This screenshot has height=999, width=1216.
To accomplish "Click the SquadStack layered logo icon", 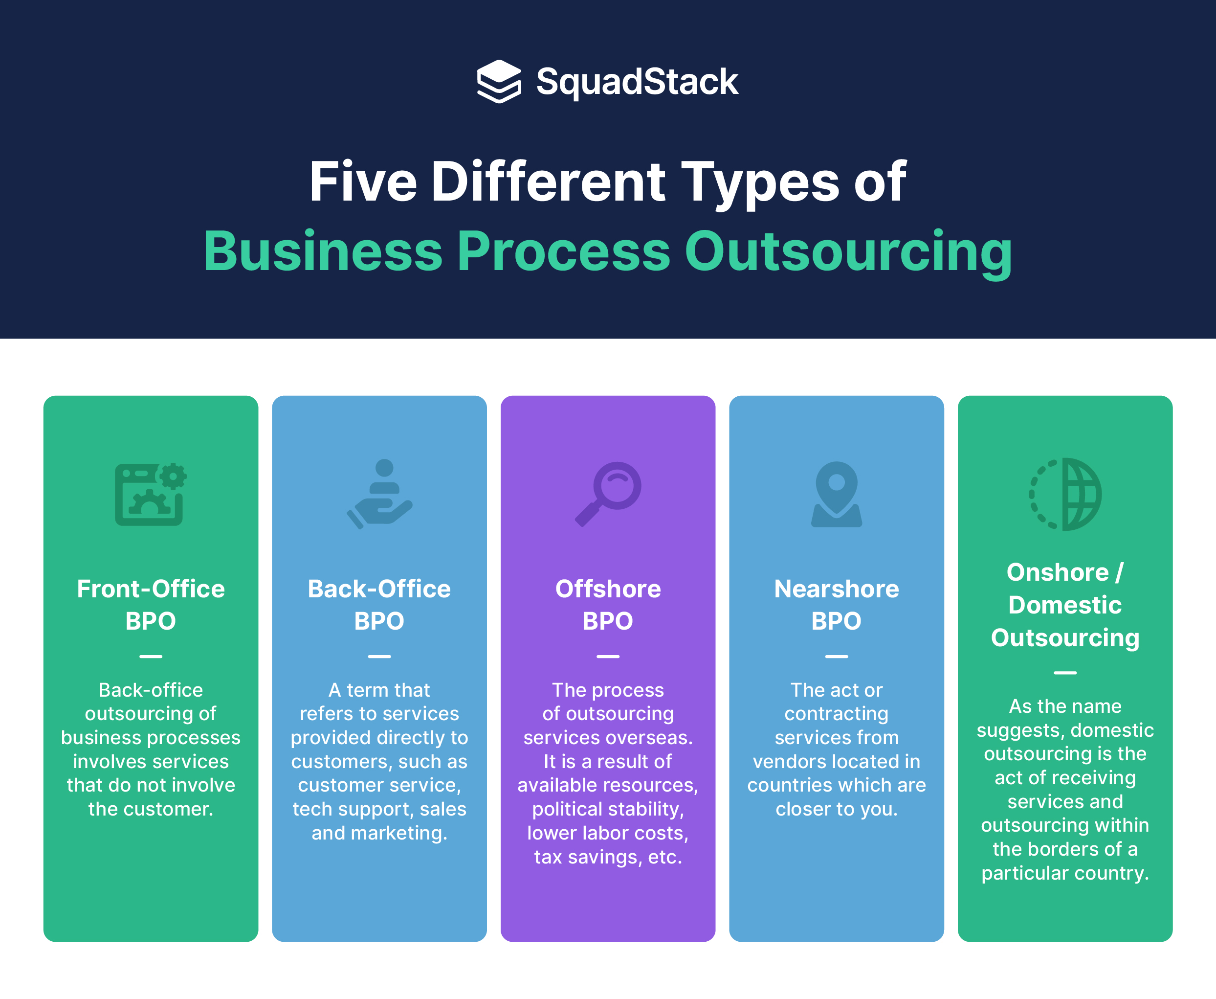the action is point(499,81).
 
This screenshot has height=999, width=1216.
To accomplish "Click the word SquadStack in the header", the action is point(637,82).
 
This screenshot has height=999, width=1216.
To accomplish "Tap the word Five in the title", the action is point(363,182).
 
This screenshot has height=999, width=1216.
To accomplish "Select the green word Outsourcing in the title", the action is point(848,251).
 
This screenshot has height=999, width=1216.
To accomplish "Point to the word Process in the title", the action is point(563,251).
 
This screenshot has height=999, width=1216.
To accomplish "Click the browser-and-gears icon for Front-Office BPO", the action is point(151,494).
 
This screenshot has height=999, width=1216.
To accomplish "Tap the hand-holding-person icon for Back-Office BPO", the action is point(379,494).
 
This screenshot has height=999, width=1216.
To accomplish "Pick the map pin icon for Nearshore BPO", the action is point(837,494).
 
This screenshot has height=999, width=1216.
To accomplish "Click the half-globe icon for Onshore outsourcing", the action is point(1065,494).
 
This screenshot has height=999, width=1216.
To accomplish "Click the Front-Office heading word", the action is point(151,589).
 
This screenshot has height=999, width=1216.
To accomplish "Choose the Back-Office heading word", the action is point(379,589).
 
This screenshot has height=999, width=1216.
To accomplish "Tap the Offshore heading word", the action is point(608,589).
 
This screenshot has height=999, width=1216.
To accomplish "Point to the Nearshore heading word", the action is point(837,589).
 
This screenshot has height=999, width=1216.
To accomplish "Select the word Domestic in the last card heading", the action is point(1065,605).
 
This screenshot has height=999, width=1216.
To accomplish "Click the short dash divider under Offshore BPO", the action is point(608,656).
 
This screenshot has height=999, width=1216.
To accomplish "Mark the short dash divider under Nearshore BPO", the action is point(837,656).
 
